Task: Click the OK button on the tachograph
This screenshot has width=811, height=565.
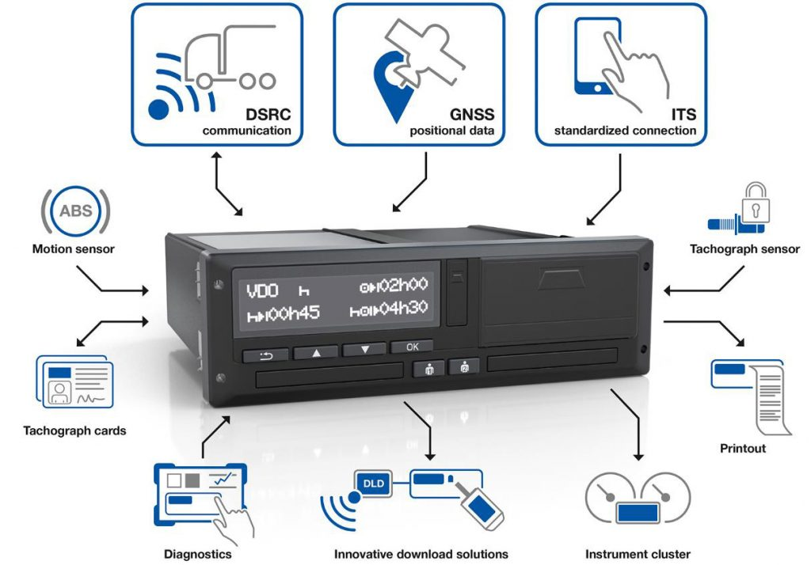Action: (412, 347)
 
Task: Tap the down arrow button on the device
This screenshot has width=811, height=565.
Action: (364, 350)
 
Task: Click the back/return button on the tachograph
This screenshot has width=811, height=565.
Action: (266, 355)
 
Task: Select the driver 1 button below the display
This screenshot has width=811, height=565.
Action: (428, 369)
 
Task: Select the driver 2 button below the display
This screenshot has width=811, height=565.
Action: (464, 366)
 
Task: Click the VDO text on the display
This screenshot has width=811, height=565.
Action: (263, 291)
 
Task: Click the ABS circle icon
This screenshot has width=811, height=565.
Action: (75, 211)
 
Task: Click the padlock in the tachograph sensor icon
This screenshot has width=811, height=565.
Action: (756, 202)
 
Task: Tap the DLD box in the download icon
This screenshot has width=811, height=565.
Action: (374, 483)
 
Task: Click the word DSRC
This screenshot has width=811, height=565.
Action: (268, 114)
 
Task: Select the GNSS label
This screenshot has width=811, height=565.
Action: (472, 114)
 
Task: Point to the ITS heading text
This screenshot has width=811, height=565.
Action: (683, 114)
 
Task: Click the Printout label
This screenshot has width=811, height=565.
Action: (743, 448)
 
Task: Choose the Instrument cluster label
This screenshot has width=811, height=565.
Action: (638, 554)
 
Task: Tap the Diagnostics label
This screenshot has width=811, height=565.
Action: (197, 554)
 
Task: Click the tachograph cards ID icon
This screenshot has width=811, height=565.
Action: (75, 381)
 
